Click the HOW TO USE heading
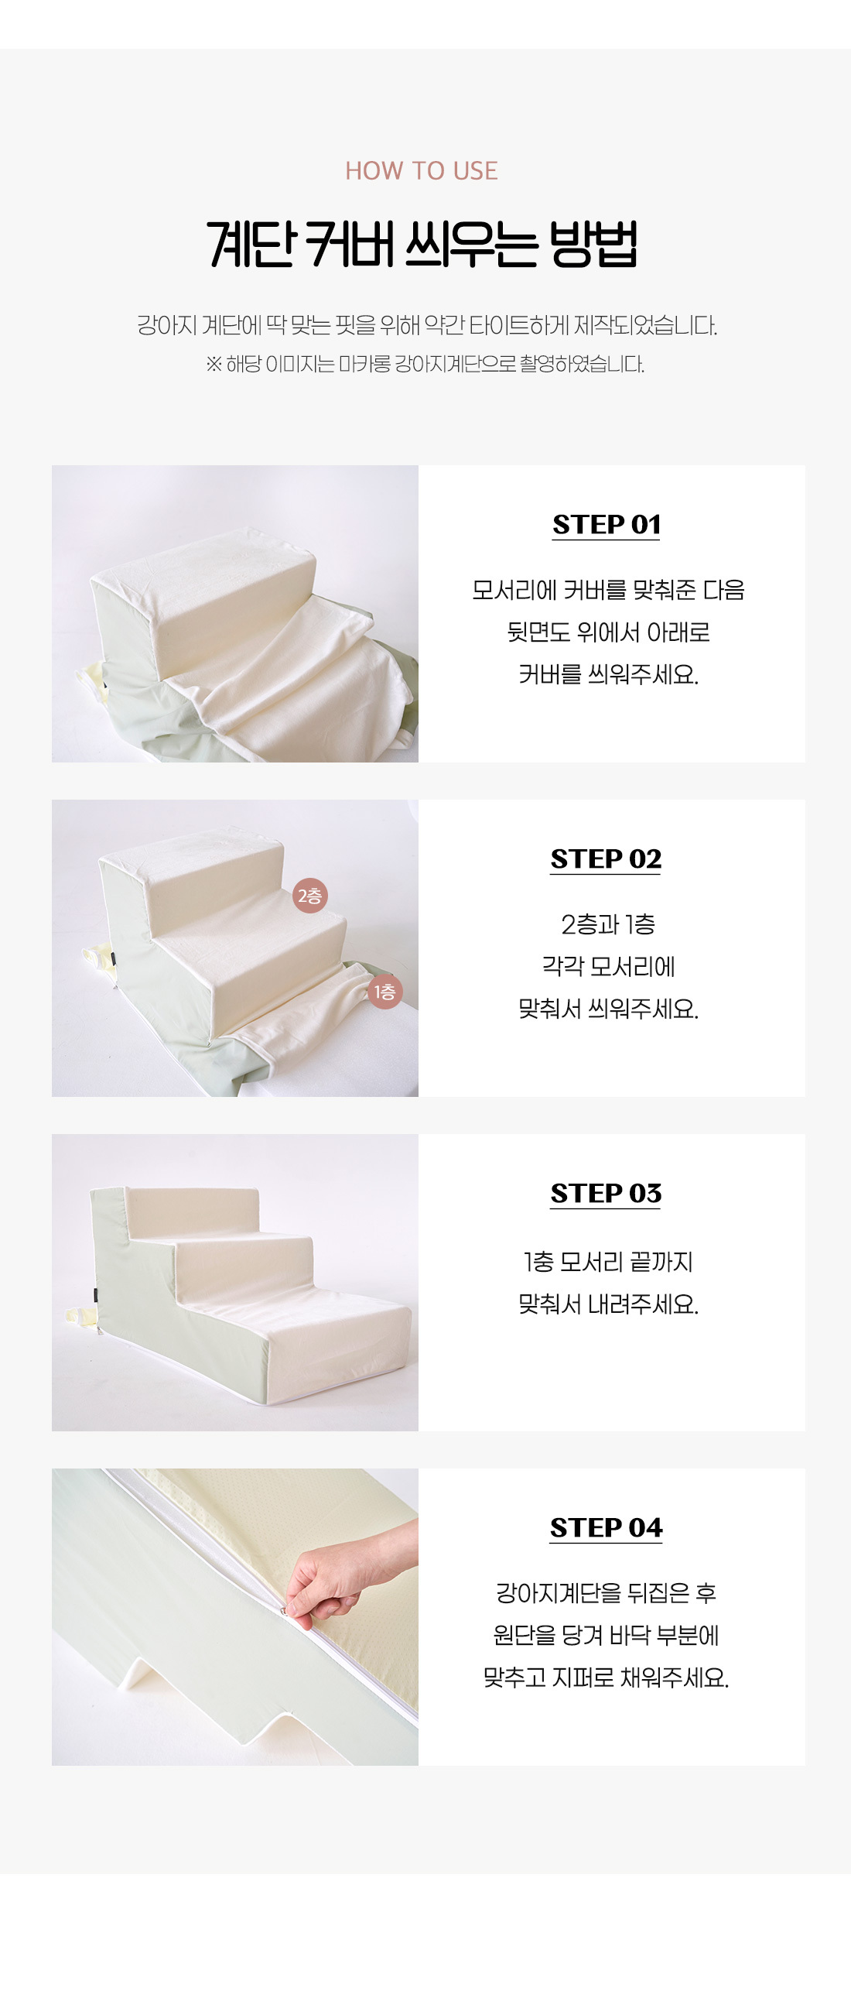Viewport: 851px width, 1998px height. coord(422,170)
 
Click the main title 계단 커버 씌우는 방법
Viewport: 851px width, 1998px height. coord(422,244)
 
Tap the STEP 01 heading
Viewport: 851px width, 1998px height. coord(606,524)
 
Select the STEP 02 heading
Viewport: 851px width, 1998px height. coord(606,858)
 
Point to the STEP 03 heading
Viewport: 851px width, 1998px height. coord(606,1193)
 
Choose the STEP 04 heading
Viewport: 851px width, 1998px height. coord(606,1527)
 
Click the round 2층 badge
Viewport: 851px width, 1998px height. coord(310,896)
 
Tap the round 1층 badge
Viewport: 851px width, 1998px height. coord(385,992)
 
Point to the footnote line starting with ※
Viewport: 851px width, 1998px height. coord(425,364)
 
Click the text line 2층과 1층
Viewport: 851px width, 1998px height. coord(608,924)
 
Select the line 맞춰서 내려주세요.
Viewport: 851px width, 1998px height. coord(608,1304)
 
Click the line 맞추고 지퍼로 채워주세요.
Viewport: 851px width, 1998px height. coord(606,1678)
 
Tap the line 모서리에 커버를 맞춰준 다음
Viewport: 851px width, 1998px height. coord(608,590)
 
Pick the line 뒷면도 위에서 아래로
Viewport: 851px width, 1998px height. coord(608,632)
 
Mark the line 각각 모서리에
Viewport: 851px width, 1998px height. coord(608,966)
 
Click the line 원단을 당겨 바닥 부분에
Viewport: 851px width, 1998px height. coord(606,1636)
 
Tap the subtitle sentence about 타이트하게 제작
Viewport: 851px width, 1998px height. coord(427,325)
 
